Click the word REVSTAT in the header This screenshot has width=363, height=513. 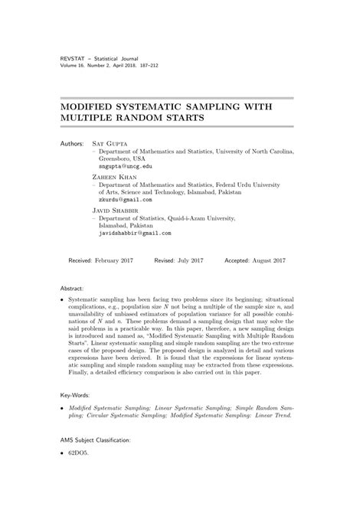pyautogui.click(x=74, y=58)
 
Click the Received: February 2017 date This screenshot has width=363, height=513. pyautogui.click(x=100, y=260)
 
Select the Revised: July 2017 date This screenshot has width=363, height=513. pyautogui.click(x=178, y=260)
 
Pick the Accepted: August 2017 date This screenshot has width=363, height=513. pyautogui.click(x=254, y=260)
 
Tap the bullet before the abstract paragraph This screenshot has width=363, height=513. pyautogui.click(x=61, y=303)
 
